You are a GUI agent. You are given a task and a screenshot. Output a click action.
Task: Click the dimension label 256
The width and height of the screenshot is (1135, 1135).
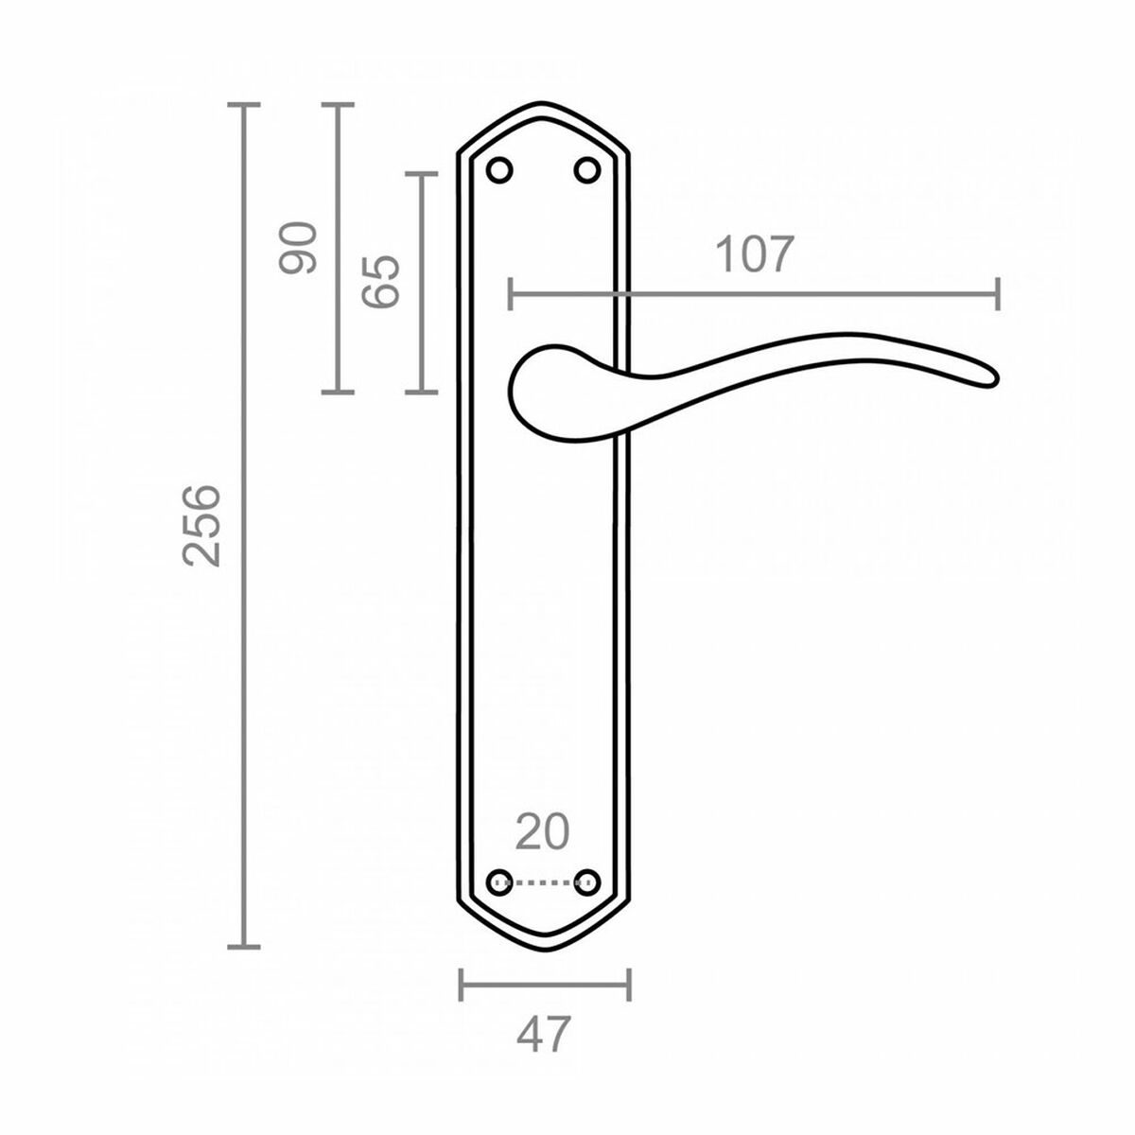pyautogui.click(x=201, y=525)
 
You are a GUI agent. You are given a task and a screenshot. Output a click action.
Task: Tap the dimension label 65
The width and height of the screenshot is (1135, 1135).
pyautogui.click(x=381, y=281)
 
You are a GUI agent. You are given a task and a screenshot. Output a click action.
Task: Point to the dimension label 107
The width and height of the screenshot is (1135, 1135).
pyautogui.click(x=753, y=255)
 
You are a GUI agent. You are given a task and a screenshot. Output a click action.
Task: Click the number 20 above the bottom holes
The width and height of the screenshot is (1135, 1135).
pyautogui.click(x=543, y=832)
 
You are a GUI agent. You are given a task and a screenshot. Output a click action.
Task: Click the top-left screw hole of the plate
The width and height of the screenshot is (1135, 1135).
pyautogui.click(x=499, y=170)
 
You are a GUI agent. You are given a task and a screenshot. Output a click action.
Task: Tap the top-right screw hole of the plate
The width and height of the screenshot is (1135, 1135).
pyautogui.click(x=587, y=170)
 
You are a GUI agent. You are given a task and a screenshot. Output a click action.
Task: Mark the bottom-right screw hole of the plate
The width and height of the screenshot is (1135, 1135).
pyautogui.click(x=588, y=882)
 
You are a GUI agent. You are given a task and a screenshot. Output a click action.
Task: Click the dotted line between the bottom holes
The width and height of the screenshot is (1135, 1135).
pyautogui.click(x=544, y=882)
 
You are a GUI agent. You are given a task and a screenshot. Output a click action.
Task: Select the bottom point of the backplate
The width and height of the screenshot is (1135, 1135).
pyautogui.click(x=544, y=949)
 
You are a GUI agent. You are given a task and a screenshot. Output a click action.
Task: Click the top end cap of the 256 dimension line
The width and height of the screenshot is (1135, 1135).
pyautogui.click(x=245, y=104)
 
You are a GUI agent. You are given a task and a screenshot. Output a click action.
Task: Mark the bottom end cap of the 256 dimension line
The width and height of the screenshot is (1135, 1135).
pyautogui.click(x=245, y=945)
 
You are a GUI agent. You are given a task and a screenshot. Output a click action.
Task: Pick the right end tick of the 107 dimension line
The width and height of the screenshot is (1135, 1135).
pyautogui.click(x=998, y=294)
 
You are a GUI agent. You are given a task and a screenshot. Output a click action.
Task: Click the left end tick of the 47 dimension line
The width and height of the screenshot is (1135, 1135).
pyautogui.click(x=461, y=985)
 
